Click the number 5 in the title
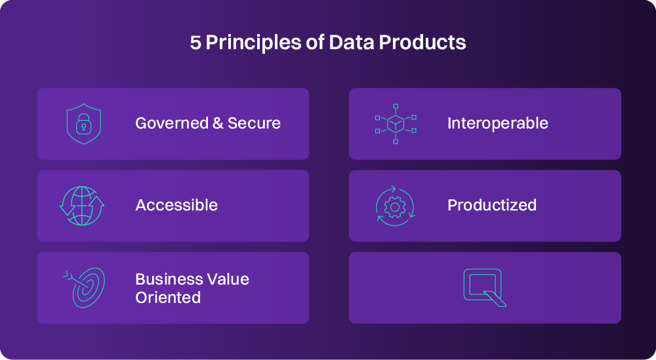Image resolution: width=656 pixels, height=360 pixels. [195, 43]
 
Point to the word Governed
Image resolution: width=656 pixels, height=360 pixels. [172, 123]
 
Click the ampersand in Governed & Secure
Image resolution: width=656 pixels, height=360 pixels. [218, 123]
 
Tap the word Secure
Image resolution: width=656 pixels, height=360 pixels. [254, 123]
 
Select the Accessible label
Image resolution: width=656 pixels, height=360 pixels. [176, 205]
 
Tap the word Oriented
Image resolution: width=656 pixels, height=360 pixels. [168, 298]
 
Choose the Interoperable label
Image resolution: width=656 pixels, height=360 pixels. [497, 123]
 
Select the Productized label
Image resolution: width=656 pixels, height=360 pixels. [492, 205]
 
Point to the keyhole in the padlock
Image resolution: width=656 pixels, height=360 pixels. [84, 127]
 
